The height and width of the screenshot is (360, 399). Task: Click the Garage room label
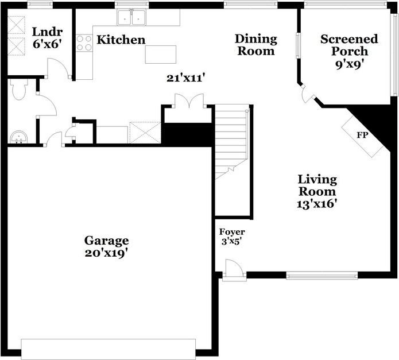coord(106,241)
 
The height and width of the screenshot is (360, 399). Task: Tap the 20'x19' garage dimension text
coord(106,253)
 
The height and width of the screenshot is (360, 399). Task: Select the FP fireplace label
coord(362,136)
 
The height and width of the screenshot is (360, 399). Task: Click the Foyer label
coord(232,232)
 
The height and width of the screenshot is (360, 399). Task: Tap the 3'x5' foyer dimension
coord(231,242)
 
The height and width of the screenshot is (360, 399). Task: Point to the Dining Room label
coord(255,45)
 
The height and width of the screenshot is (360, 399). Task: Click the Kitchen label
coord(121,40)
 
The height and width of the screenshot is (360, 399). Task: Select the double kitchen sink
coord(132,18)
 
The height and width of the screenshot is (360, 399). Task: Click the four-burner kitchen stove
coord(84,43)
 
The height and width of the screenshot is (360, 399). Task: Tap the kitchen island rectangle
coord(160,55)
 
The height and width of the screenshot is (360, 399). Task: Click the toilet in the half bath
coord(18,90)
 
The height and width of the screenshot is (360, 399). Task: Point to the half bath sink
coord(18,137)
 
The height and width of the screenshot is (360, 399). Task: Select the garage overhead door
coord(109,349)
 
